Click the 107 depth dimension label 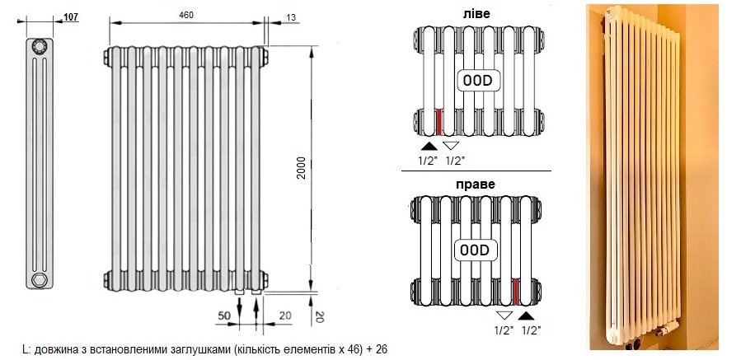click(71, 17)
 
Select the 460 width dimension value click(186, 15)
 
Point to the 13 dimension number click(291, 17)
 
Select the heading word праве click(476, 184)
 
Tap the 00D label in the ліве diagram click(477, 81)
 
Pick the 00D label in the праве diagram click(475, 250)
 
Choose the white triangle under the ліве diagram click(451, 146)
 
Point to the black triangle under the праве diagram click(527, 316)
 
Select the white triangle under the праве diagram click(504, 316)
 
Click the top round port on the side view click(39, 46)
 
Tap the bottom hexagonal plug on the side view click(39, 280)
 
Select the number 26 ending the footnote click(382, 349)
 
